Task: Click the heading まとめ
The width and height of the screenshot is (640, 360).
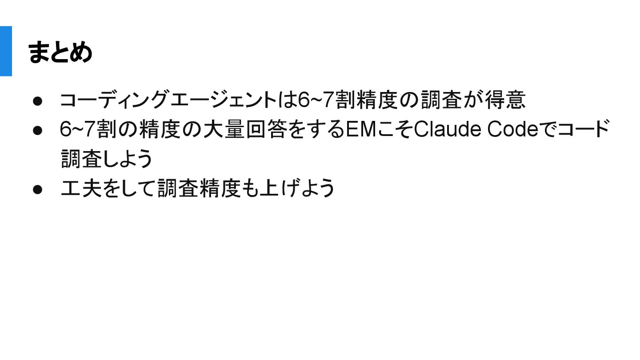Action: [60, 52]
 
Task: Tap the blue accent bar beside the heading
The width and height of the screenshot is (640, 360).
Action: [6, 51]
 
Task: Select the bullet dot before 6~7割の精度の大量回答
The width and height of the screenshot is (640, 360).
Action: [37, 130]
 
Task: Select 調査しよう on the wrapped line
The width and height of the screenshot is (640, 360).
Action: [107, 159]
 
